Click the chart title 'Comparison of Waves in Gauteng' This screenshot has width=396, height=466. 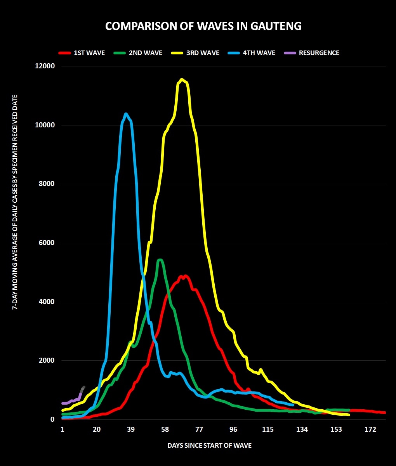click(x=203, y=26)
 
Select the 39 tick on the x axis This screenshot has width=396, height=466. click(x=131, y=429)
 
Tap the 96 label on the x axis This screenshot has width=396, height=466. click(x=233, y=429)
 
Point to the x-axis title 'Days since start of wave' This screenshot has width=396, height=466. click(x=209, y=445)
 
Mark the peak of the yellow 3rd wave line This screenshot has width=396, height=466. click(x=181, y=80)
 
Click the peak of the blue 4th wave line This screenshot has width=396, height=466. click(x=126, y=114)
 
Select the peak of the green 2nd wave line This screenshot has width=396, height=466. click(x=160, y=260)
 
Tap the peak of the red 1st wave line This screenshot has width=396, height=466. click(x=185, y=276)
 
